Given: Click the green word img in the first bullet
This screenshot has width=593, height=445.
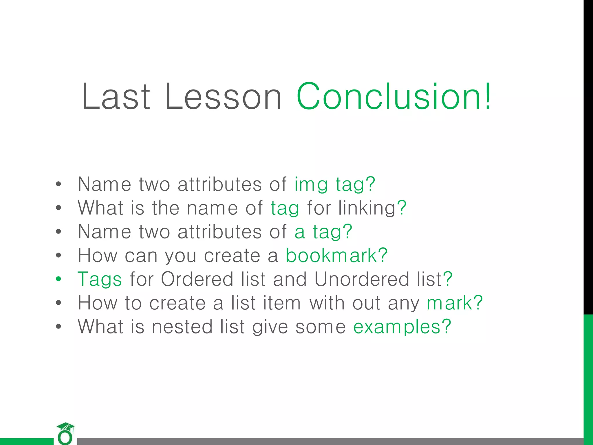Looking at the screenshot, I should coord(311,184).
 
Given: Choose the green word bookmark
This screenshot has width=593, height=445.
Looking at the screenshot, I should coord(331,256).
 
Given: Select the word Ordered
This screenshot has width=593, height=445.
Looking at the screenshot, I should coord(197,279).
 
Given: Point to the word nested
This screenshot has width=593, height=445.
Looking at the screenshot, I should coord(182,327).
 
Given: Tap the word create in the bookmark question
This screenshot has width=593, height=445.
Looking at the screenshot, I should coord(232,256).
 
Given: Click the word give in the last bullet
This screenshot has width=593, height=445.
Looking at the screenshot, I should coord(270,327).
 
